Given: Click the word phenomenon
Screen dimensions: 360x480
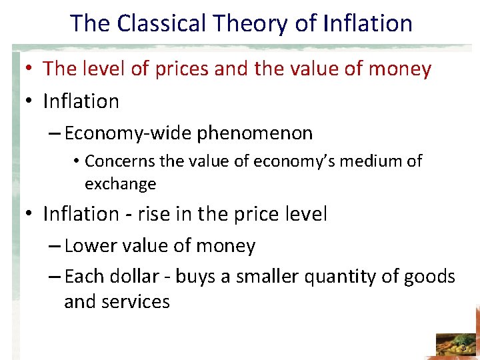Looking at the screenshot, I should tap(255, 133).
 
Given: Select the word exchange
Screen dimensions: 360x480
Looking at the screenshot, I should tap(120, 183).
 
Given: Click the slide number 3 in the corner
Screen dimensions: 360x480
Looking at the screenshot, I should tap(463, 347).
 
